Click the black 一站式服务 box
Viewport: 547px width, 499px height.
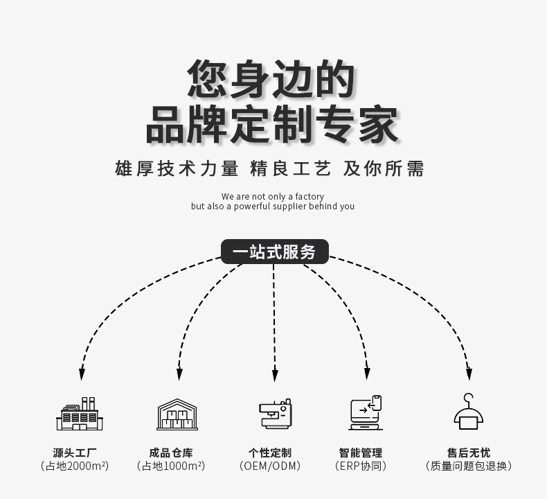coord(274,252)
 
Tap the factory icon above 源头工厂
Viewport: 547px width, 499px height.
coord(79,414)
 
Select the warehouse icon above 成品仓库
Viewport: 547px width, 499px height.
coord(177,414)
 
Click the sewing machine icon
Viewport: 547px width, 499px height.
coord(275,414)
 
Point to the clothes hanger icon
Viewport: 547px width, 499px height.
coord(469,412)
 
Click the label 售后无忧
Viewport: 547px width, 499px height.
coord(469,453)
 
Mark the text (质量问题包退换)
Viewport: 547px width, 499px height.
coord(469,466)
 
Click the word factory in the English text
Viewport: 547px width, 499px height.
coord(310,197)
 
